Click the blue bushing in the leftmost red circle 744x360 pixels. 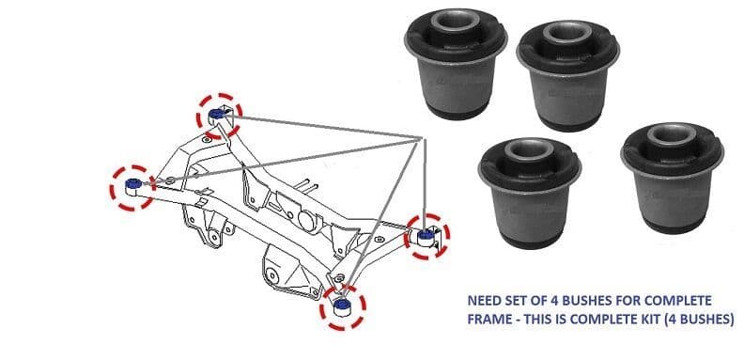[x=134, y=180]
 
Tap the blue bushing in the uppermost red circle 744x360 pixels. [x=219, y=115]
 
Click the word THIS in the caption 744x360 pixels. [x=547, y=320]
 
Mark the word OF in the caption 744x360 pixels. [x=547, y=301]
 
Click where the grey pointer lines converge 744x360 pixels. [x=419, y=138]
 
